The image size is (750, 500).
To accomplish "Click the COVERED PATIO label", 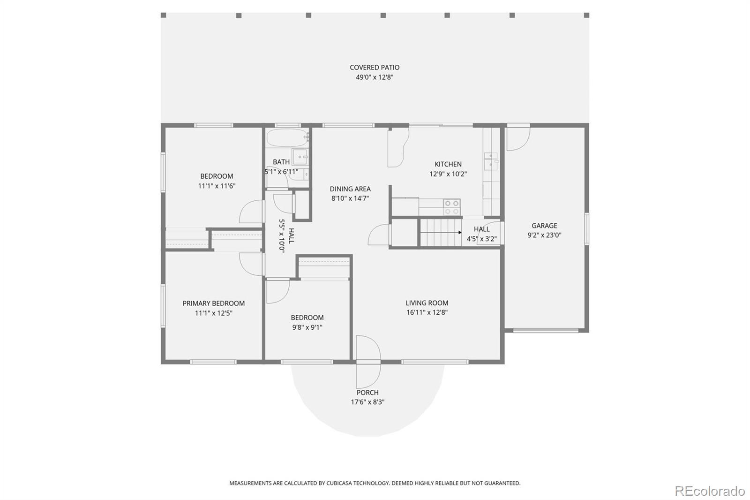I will coord(375,68).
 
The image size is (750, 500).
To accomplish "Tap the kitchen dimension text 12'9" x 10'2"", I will coord(448,174).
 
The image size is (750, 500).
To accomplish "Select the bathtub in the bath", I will coord(287,138).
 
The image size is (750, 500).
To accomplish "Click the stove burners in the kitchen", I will coord(452,207).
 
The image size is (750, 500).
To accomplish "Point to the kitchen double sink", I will coord(490,160).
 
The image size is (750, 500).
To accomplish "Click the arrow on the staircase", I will coord(459,232).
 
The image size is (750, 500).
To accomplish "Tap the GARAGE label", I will coord(544,226).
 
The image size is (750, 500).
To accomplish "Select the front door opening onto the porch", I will coord(368,361).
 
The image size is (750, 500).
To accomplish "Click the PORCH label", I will coord(367,393).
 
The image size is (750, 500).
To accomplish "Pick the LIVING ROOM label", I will coord(427,303).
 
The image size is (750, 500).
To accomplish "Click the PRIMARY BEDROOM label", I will coord(213,303).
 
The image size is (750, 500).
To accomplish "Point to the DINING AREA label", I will coord(350,189).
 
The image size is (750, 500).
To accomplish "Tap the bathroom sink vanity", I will coord(300,156).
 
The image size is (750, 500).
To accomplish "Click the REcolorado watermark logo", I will coord(709,491).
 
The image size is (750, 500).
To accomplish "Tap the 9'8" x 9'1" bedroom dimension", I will coord(307,327).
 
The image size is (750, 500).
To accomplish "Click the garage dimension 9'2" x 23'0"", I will coord(544,235).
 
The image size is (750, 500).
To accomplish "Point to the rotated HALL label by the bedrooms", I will coord(291,236).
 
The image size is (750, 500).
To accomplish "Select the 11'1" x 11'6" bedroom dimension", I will coord(217,186).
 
